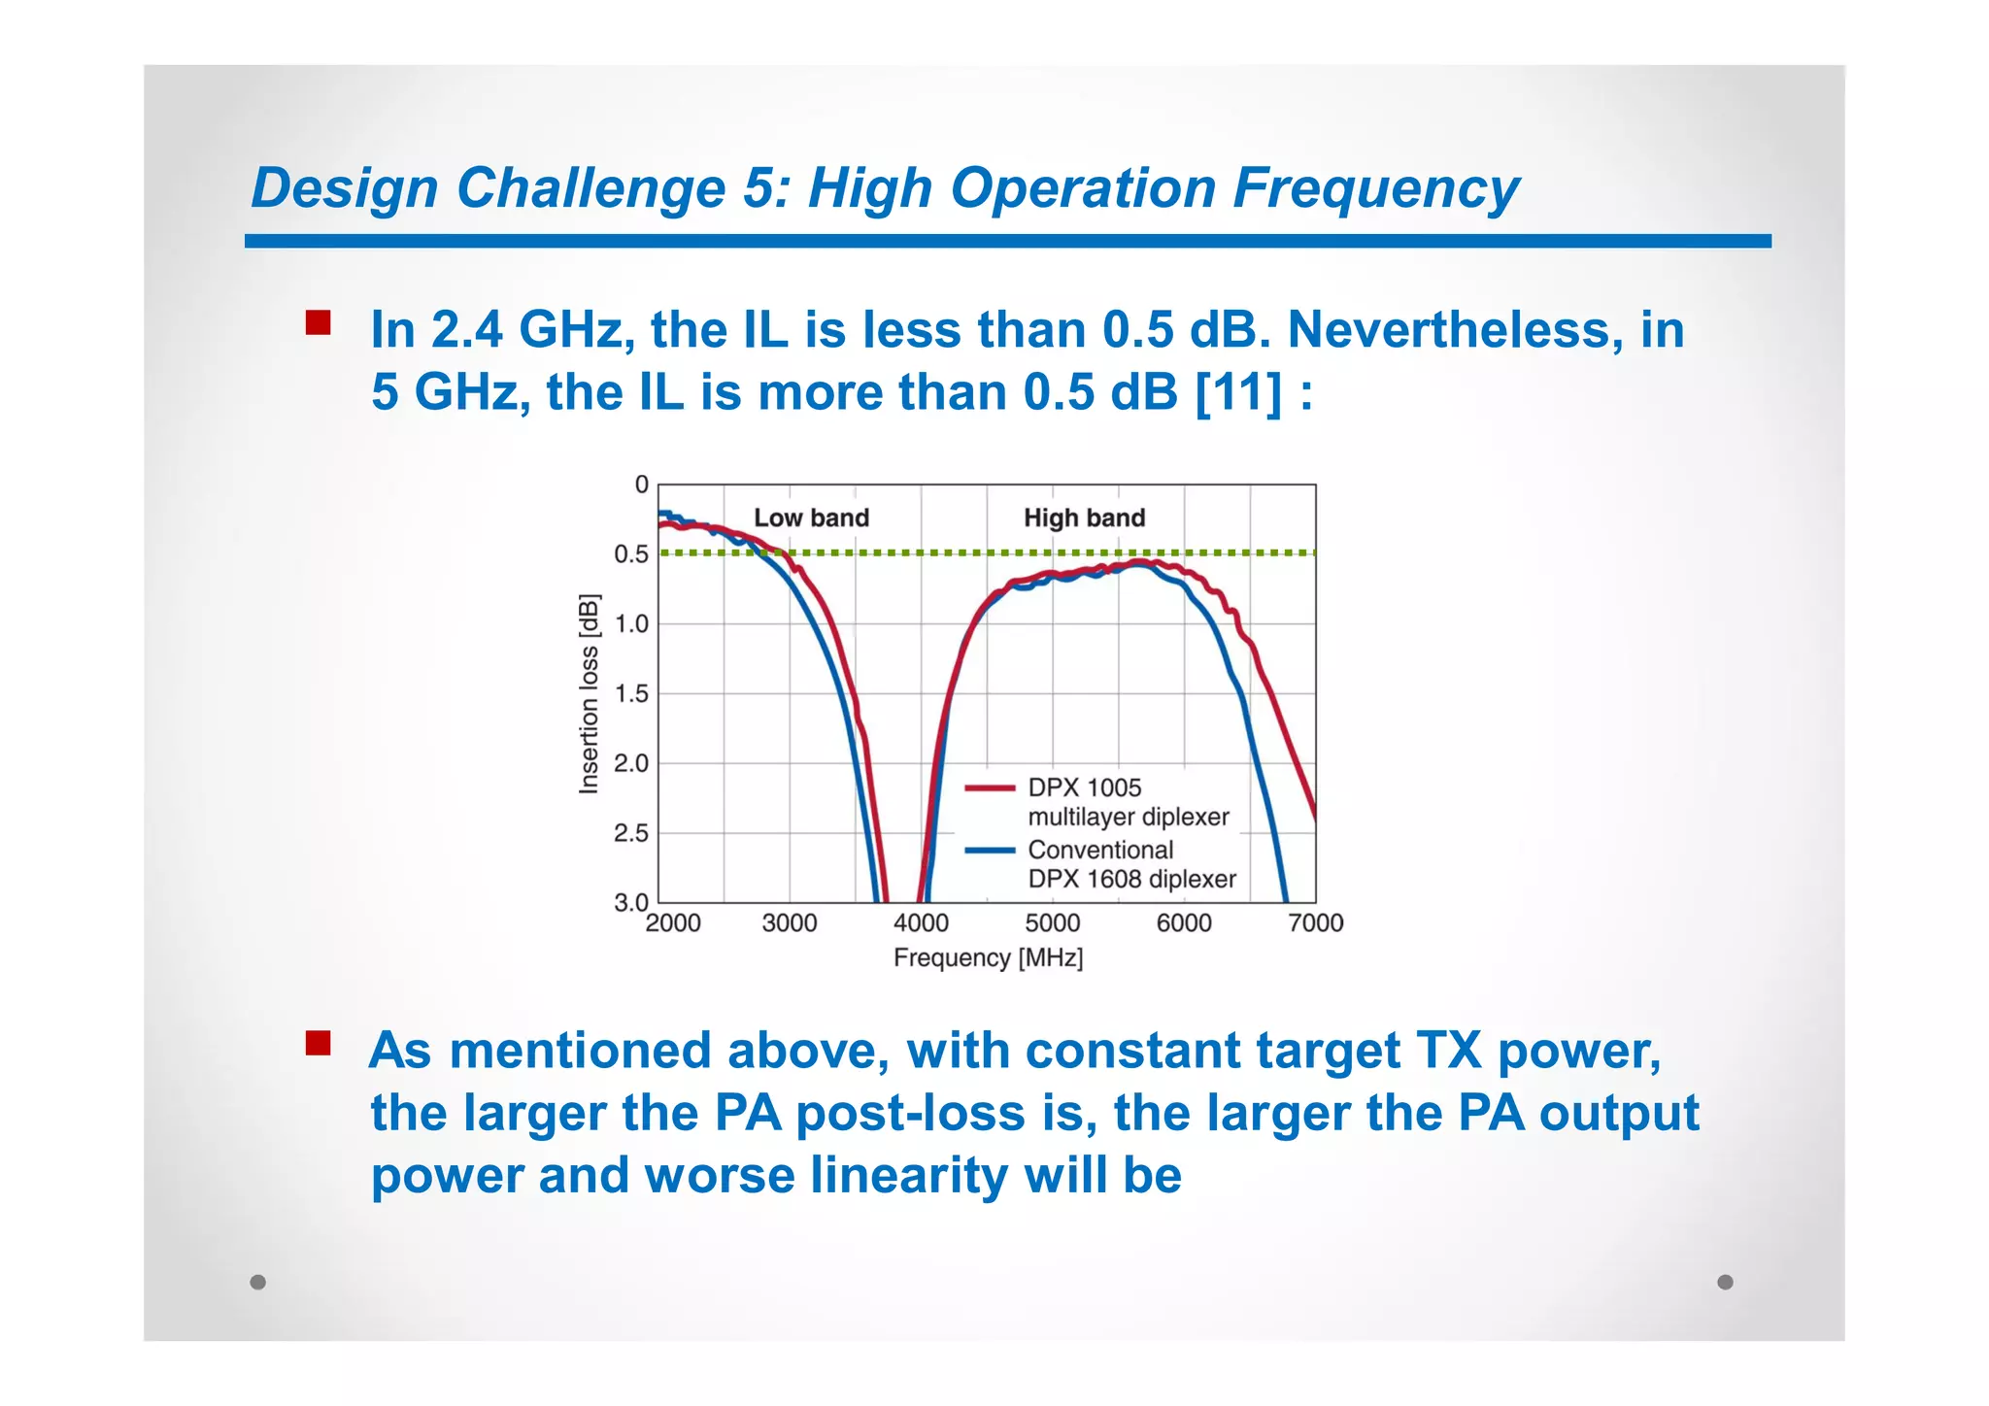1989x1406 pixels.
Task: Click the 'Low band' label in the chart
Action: tap(811, 518)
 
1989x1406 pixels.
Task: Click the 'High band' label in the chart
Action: tap(1084, 518)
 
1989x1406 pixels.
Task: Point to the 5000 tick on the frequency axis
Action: tap(1053, 922)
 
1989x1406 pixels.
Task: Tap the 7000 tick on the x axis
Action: tap(1315, 922)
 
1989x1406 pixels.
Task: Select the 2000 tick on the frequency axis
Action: tap(673, 922)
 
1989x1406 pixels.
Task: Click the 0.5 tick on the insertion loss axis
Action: tap(630, 554)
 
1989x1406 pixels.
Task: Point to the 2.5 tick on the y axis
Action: tap(630, 833)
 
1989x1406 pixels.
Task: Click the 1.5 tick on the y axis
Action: tap(630, 693)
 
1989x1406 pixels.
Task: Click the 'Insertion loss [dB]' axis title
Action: tap(589, 694)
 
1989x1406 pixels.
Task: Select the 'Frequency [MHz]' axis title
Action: tap(988, 958)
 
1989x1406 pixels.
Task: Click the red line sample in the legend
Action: tap(990, 788)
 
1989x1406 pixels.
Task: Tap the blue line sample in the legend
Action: tap(990, 851)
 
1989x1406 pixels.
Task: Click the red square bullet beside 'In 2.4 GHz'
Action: tap(318, 323)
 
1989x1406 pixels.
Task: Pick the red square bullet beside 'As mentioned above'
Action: tap(318, 1044)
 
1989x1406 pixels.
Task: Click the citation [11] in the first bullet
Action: tap(1238, 392)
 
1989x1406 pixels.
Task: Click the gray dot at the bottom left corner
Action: tap(257, 1282)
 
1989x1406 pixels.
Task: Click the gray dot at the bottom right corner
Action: tap(1725, 1282)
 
